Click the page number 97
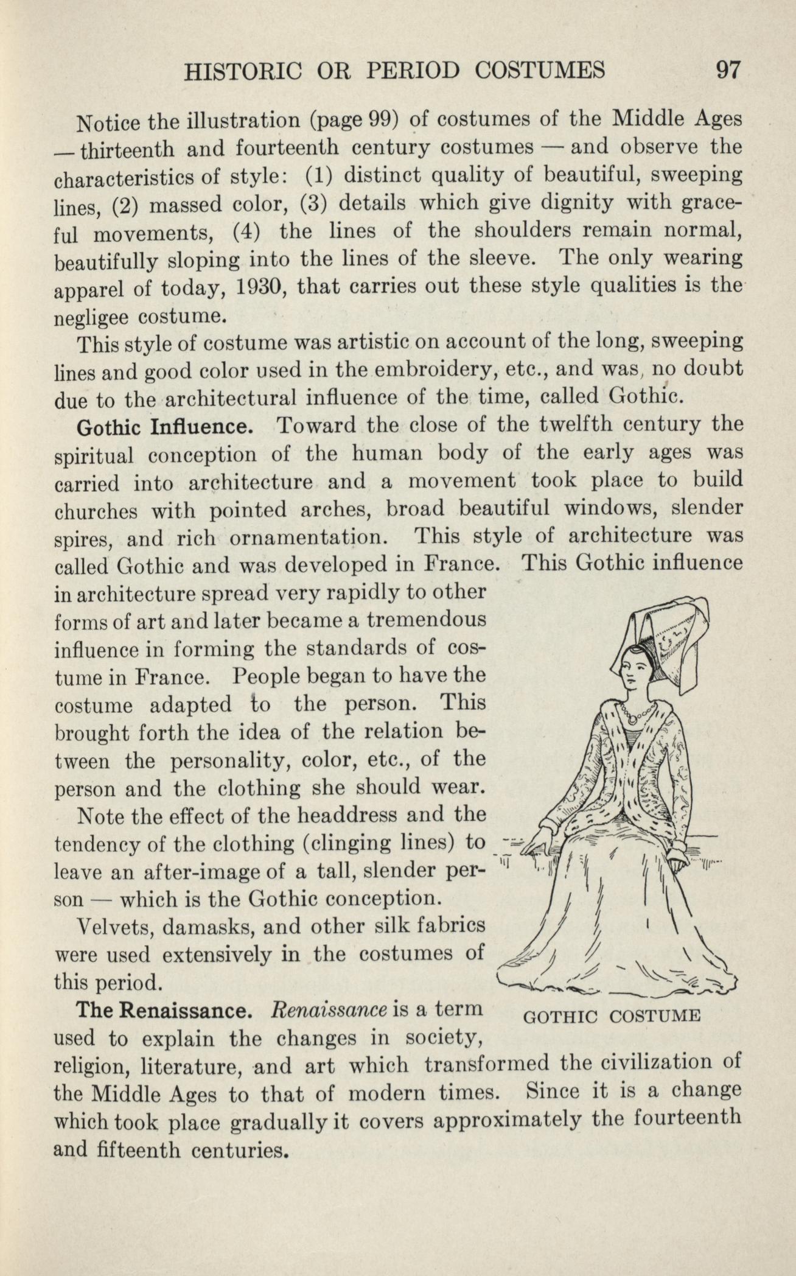[727, 71]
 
